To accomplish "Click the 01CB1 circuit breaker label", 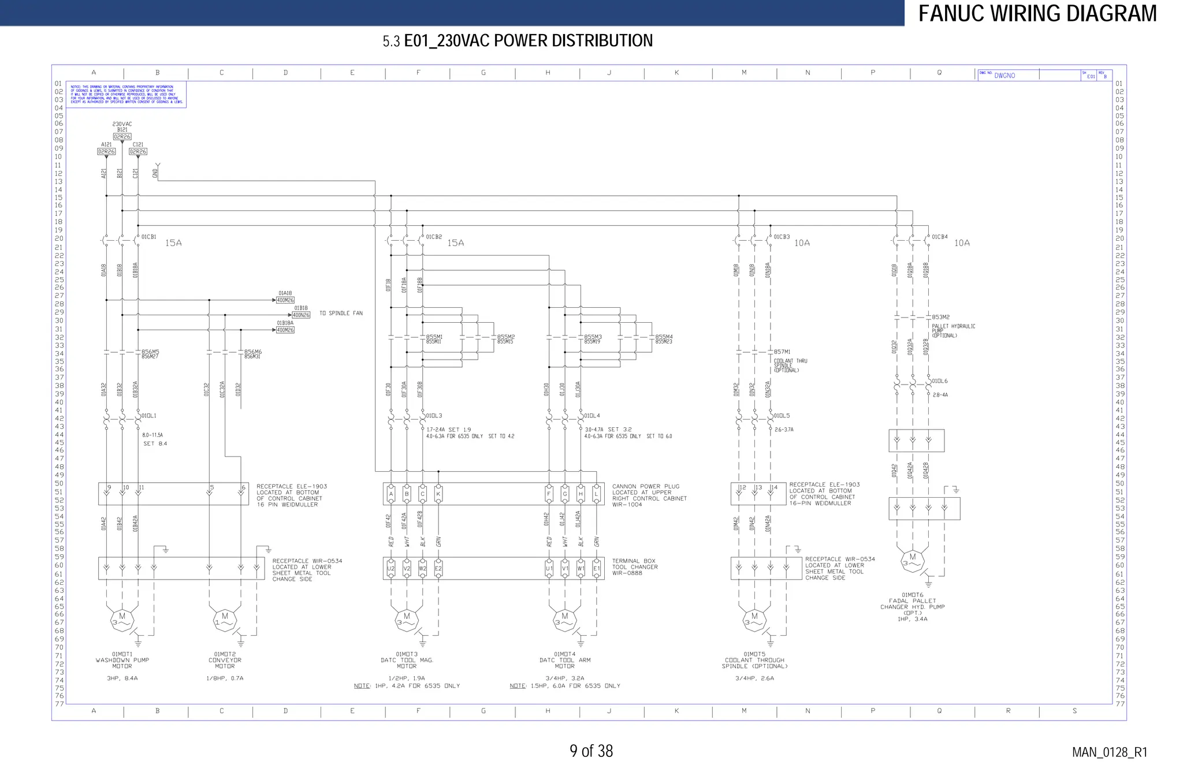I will [x=148, y=237].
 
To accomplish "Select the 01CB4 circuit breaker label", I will [x=939, y=237].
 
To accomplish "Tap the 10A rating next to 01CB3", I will [x=802, y=243].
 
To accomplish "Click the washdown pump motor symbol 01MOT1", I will [x=122, y=620].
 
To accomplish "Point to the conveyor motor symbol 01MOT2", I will [x=225, y=620].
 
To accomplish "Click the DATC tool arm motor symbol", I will [x=564, y=620].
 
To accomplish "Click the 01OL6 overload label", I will [x=939, y=381].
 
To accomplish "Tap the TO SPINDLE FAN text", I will [x=341, y=314].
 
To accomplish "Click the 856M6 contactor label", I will [x=252, y=352].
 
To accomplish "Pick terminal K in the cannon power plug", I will [x=438, y=494].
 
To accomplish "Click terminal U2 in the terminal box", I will [x=391, y=569].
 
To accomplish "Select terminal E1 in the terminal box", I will [x=597, y=569].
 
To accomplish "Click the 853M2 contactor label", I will [x=940, y=317].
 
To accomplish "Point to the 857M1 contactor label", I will [x=782, y=352].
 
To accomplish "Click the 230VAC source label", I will [x=122, y=124].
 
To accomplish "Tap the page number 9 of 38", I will [x=591, y=751].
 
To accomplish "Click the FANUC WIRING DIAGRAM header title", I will [x=1037, y=13].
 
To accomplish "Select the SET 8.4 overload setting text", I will [x=155, y=444].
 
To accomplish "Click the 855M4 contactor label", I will [x=663, y=337].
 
